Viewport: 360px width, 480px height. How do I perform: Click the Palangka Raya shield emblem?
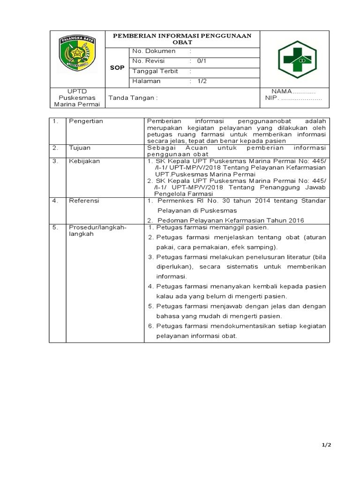(77, 55)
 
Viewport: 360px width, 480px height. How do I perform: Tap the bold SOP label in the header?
(117, 67)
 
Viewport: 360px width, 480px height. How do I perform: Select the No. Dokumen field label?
(154, 51)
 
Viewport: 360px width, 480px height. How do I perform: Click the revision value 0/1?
(202, 61)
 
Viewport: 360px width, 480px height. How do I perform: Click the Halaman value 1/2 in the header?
(202, 81)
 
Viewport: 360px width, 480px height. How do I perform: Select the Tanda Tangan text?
(133, 98)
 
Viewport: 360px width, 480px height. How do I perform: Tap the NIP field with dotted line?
(293, 99)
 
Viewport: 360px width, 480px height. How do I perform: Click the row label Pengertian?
(86, 121)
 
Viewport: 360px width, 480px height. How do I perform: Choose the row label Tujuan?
(80, 148)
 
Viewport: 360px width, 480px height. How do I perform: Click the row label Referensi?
(84, 201)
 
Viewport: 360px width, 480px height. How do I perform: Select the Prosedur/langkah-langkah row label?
(97, 230)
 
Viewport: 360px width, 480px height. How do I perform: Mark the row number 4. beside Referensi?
(55, 201)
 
